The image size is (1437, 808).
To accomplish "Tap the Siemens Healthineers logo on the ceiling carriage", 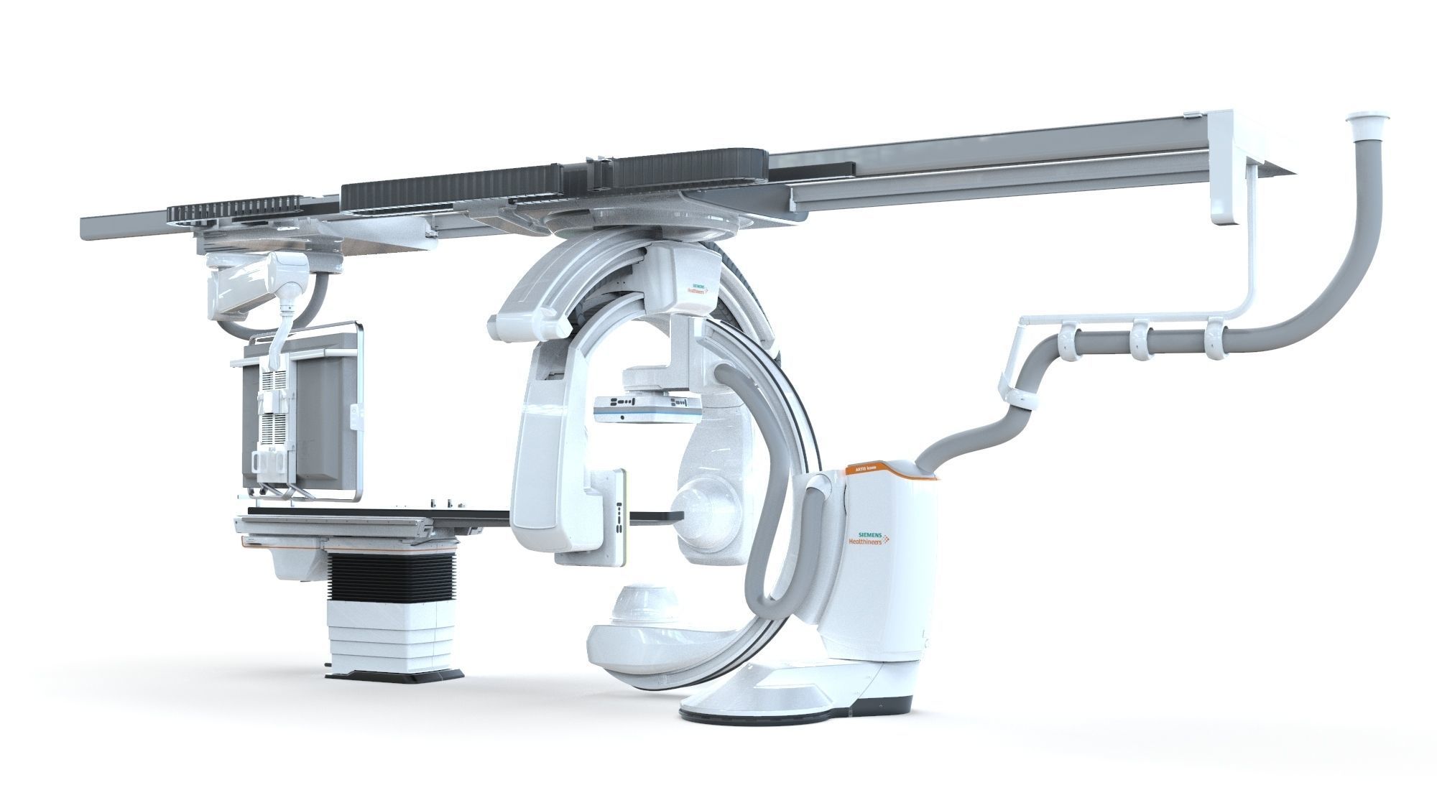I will click(x=696, y=289).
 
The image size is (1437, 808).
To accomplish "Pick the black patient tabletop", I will click(x=374, y=511).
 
